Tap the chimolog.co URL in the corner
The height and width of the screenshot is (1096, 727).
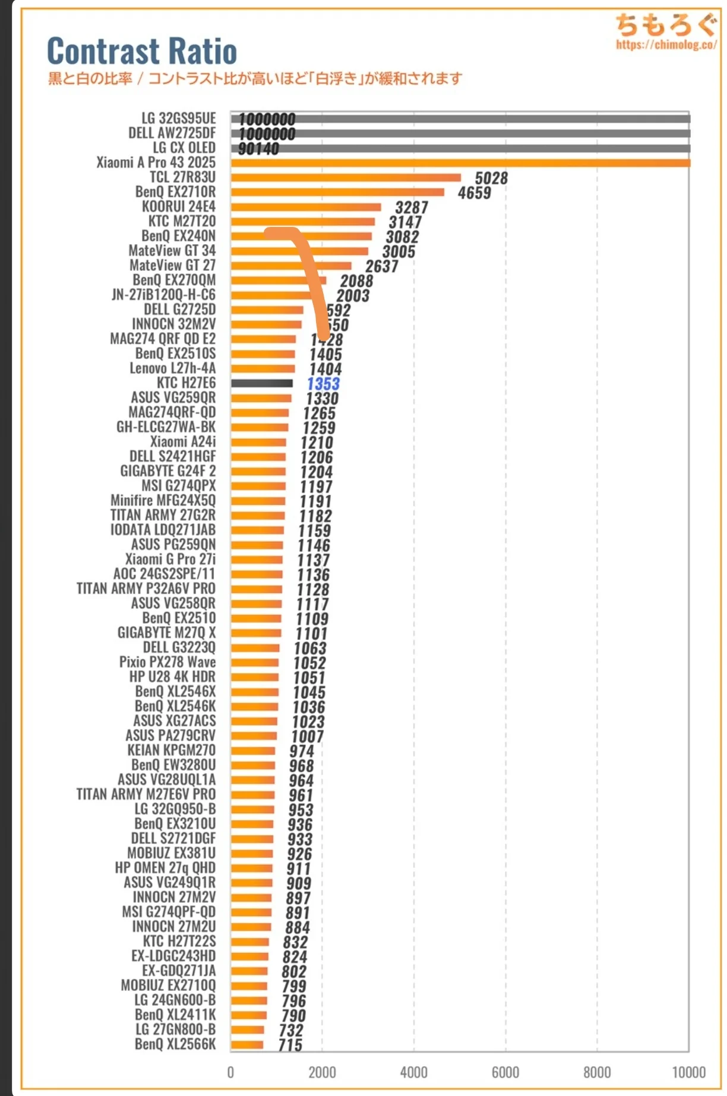(x=666, y=45)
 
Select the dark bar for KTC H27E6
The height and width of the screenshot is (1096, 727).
(x=262, y=383)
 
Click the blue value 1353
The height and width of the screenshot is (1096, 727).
(x=323, y=384)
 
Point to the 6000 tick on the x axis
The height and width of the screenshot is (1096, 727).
(x=505, y=1072)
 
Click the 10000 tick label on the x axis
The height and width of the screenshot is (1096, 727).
(x=688, y=1072)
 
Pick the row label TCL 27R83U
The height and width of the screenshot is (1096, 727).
(x=182, y=177)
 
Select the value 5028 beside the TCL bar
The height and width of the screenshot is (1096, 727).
(x=491, y=178)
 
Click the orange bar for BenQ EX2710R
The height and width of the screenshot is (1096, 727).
(x=337, y=192)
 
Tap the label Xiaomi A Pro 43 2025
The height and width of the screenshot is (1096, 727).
(x=156, y=162)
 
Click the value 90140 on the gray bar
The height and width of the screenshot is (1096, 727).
(x=258, y=149)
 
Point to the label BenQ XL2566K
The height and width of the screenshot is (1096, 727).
(x=175, y=1044)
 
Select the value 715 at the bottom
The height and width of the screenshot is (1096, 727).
(x=290, y=1045)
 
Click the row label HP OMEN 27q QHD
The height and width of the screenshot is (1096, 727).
(x=165, y=867)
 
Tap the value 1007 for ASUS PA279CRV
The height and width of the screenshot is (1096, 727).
(x=308, y=737)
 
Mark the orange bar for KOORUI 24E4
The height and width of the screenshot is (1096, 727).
(x=306, y=207)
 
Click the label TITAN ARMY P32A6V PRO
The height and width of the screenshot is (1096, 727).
(x=146, y=588)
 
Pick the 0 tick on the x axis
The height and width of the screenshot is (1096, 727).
(x=230, y=1072)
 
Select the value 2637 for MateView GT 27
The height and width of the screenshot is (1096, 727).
(x=381, y=266)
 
